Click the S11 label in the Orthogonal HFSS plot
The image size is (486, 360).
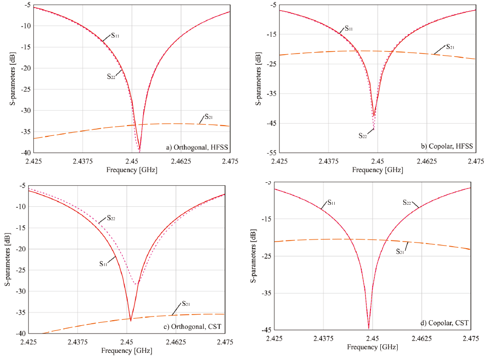(114, 36)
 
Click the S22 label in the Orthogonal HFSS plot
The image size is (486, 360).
(111, 76)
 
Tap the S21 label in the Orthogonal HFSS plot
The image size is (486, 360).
(209, 117)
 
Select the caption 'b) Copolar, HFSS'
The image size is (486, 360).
(448, 147)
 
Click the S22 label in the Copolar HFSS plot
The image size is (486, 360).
(362, 135)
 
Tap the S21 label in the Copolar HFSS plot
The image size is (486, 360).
(450, 47)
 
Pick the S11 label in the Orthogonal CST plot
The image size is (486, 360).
(104, 263)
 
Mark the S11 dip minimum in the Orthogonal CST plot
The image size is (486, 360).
(131, 320)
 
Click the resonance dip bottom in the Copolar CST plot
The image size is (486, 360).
(368, 328)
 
